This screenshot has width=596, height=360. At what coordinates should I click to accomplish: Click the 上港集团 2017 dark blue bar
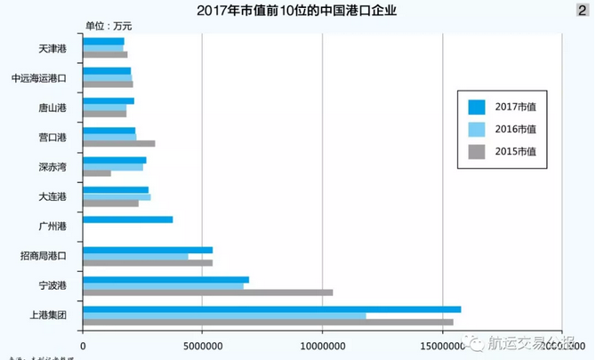[x=271, y=308]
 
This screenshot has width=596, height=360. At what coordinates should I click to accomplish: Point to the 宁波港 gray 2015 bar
[x=207, y=292]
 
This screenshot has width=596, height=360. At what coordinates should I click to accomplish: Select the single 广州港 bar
[x=127, y=220]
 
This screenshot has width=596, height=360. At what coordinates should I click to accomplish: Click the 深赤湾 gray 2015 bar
[x=97, y=172]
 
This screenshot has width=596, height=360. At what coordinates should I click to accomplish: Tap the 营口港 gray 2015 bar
[x=118, y=143]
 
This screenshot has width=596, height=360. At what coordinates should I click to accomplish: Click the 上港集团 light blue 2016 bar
[x=223, y=316]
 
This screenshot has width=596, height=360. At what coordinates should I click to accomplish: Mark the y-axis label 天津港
[x=52, y=49]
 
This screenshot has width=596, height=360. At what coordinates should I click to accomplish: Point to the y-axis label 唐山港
[x=52, y=108]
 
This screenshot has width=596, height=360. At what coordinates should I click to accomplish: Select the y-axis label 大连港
[x=52, y=196]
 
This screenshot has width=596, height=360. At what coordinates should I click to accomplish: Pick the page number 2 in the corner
[x=581, y=10]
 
